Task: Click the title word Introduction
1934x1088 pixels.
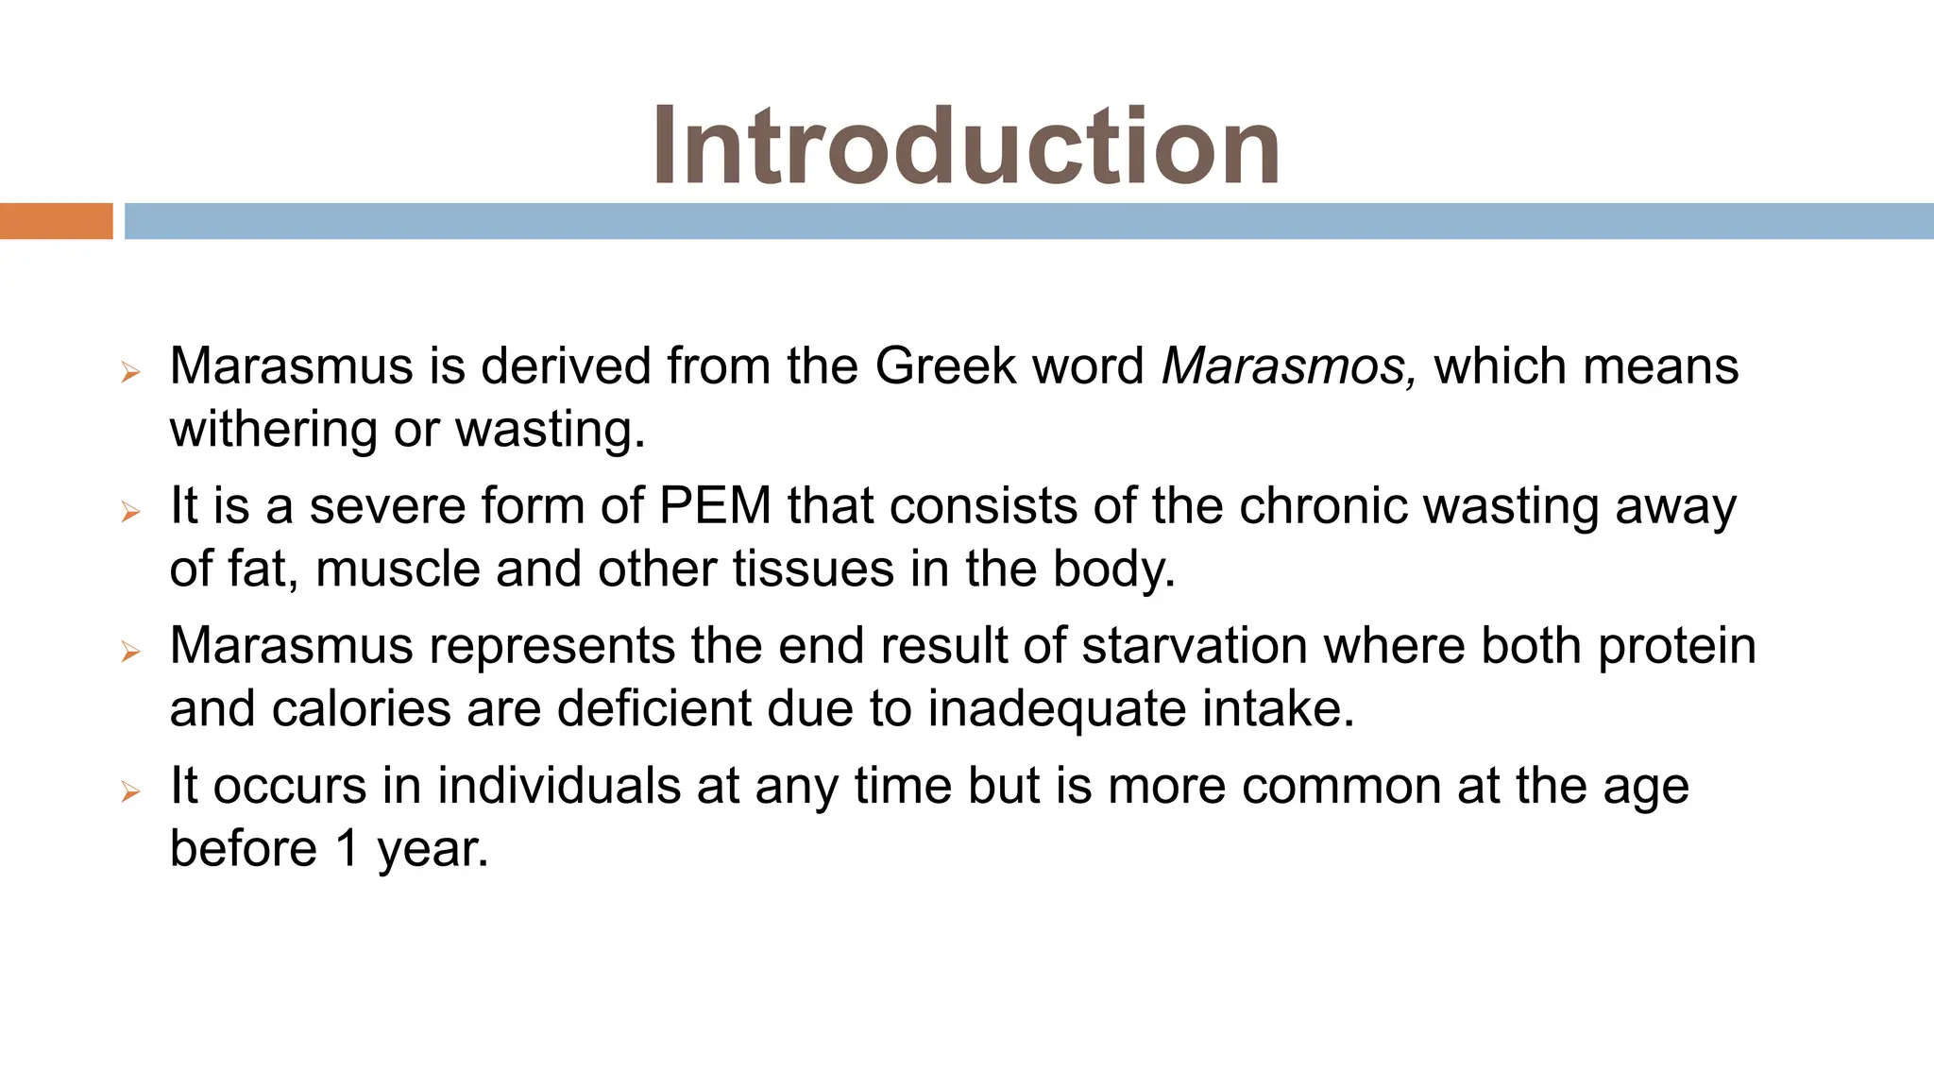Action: pyautogui.click(x=965, y=146)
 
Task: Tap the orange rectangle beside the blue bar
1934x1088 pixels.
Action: pyautogui.click(x=56, y=221)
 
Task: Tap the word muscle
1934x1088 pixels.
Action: pyautogui.click(x=398, y=569)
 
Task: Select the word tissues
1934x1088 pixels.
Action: pyautogui.click(x=813, y=569)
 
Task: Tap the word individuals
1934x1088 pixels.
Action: pyautogui.click(x=559, y=786)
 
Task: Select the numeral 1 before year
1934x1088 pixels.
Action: pyautogui.click(x=348, y=849)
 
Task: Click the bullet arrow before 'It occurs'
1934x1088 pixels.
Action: pyautogui.click(x=130, y=791)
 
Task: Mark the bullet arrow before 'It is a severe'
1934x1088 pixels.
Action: pyautogui.click(x=130, y=512)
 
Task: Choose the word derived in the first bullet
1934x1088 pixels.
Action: pyautogui.click(x=566, y=366)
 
